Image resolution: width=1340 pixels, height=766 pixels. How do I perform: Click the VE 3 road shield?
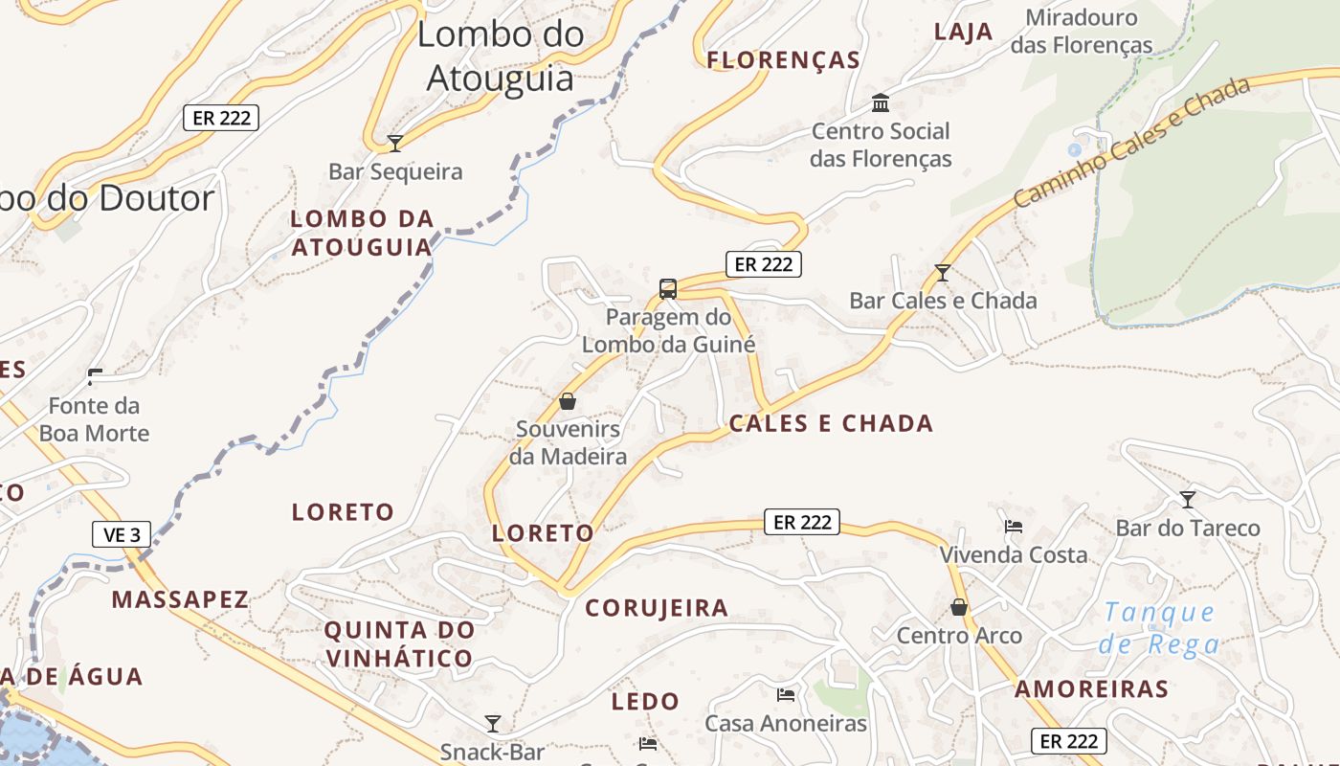tap(122, 534)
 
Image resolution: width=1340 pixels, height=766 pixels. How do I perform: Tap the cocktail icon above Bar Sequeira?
tap(394, 144)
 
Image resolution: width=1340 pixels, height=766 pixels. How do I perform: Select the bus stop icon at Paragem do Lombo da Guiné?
tap(668, 288)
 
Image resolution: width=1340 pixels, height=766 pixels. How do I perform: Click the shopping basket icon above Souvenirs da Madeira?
tap(568, 400)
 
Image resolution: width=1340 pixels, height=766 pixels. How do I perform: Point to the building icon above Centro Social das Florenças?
tap(881, 102)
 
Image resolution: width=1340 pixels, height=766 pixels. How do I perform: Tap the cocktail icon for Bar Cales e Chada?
tap(943, 273)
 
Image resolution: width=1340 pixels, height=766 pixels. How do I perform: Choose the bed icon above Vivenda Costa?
tap(1014, 526)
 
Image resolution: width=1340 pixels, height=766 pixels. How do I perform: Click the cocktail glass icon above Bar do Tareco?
tap(1188, 499)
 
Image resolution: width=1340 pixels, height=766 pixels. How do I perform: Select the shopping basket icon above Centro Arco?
tap(959, 607)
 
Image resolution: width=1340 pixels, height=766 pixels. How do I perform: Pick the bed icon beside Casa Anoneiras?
tap(786, 694)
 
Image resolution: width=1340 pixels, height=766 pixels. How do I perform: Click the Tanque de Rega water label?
tap(1159, 627)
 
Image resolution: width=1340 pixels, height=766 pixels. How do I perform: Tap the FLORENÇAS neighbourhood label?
tap(784, 60)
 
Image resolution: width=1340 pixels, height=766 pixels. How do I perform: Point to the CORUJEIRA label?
tap(657, 608)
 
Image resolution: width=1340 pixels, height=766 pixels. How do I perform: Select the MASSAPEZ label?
tap(180, 600)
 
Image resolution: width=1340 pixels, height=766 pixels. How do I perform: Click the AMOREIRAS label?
tap(1091, 688)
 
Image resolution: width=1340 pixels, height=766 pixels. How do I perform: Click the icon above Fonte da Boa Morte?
tap(95, 375)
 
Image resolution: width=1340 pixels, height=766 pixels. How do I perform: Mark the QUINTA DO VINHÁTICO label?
tap(399, 643)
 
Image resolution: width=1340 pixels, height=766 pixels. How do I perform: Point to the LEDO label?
tap(645, 702)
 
